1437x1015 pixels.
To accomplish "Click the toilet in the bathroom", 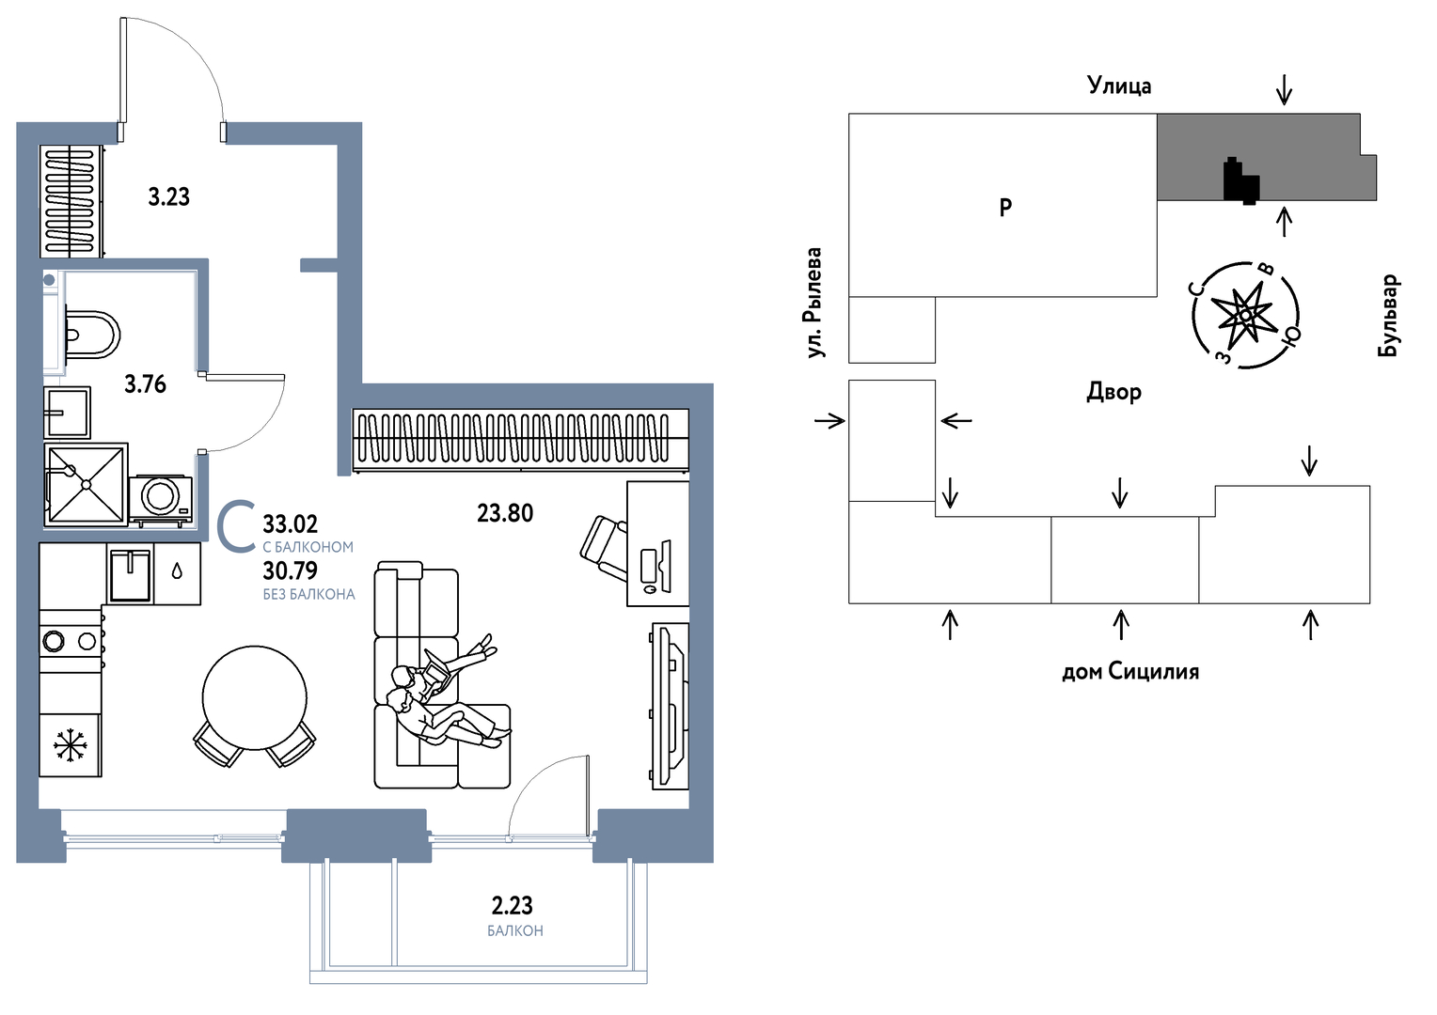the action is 93,334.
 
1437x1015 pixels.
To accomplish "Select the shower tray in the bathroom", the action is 86,485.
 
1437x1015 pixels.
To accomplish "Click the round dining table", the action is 255,697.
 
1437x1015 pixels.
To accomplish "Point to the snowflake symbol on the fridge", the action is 70,746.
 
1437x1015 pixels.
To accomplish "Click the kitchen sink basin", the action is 130,573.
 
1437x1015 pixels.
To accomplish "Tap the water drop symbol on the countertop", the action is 177,570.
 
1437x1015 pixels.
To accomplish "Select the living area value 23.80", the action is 505,513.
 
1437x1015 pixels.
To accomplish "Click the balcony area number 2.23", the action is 513,906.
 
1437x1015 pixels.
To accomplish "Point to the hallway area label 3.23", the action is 169,196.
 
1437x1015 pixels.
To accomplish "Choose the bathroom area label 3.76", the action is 145,384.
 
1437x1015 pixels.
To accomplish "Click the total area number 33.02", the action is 290,524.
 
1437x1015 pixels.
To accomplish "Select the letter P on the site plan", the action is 1005,208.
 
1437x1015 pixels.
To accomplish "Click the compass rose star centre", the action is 1245,315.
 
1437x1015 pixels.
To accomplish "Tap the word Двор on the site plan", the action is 1113,392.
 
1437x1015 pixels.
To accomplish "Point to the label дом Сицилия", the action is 1130,672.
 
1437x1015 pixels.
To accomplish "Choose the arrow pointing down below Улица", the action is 1284,90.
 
